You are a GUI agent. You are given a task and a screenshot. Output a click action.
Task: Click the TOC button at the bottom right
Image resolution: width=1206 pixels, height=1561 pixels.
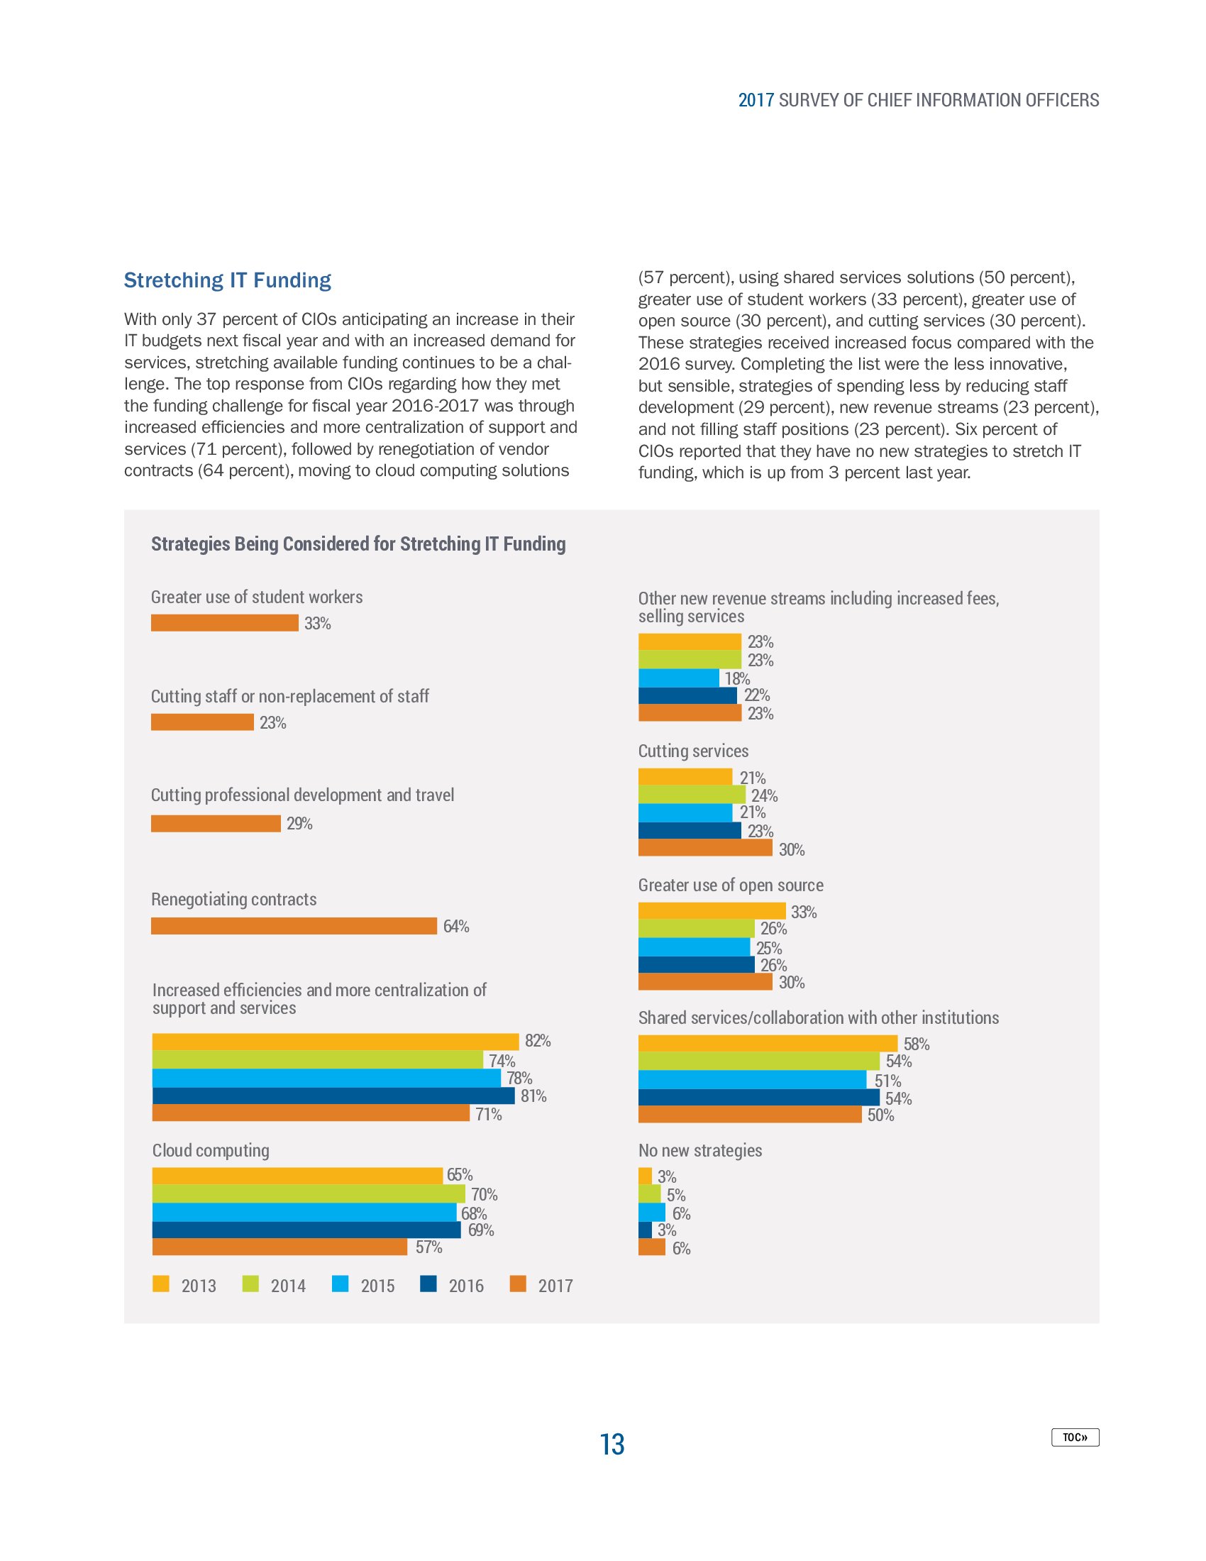point(1075,1437)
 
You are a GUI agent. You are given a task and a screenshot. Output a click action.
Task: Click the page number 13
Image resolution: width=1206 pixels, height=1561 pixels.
point(612,1444)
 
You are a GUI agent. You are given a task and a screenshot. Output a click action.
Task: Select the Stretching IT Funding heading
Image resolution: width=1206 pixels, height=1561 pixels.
point(227,280)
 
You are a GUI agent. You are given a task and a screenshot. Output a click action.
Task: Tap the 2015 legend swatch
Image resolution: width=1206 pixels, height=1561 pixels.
point(340,1284)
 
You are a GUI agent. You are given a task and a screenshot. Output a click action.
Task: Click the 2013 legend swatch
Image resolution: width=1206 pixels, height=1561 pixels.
point(161,1284)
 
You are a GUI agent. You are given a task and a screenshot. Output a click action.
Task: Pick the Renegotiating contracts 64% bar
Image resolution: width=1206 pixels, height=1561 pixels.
point(294,925)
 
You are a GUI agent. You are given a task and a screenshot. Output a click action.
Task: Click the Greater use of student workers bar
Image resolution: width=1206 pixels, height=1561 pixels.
point(224,622)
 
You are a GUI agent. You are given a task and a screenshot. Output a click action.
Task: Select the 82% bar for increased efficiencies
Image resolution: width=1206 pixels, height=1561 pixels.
point(335,1042)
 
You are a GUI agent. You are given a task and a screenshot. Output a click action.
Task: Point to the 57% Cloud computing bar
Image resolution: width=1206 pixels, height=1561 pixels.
point(280,1247)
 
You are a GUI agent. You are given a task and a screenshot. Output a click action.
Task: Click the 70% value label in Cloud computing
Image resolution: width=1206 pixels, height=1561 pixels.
point(484,1194)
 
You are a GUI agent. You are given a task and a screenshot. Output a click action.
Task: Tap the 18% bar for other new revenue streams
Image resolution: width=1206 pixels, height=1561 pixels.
point(678,678)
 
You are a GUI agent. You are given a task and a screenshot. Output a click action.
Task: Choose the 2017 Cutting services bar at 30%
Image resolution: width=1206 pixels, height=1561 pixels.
point(704,848)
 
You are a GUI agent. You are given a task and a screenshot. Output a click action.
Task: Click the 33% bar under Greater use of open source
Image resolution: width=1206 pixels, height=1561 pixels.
point(712,910)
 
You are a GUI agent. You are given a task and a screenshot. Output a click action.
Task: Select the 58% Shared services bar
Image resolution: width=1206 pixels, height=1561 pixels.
point(768,1044)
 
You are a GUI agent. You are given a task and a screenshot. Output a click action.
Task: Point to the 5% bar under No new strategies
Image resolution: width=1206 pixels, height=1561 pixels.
point(648,1193)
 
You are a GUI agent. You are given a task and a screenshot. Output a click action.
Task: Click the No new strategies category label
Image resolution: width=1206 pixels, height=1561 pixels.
point(699,1150)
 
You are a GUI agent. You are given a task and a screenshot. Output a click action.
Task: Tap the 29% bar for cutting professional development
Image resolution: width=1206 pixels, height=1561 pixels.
point(215,823)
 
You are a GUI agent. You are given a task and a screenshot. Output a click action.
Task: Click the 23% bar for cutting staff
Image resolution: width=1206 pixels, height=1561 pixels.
point(202,722)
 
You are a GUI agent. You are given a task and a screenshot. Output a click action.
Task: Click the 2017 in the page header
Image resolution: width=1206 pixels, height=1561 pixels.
point(756,100)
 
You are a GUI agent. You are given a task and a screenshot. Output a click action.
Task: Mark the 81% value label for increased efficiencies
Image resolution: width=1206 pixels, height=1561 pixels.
point(533,1096)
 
